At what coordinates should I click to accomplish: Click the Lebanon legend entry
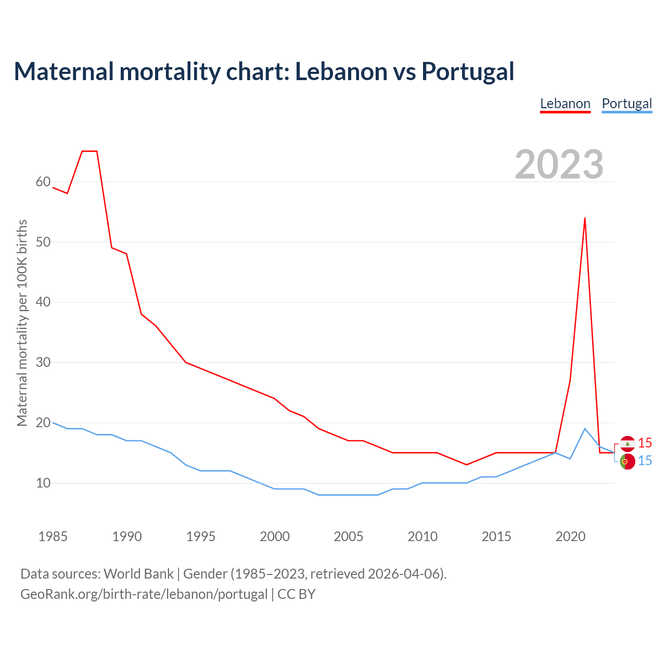(565, 104)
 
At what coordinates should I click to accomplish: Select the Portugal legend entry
(626, 104)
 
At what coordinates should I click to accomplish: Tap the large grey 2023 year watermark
(559, 164)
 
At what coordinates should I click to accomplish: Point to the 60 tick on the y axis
(43, 182)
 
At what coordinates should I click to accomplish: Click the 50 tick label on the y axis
(43, 242)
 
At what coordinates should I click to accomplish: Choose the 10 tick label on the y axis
(43, 483)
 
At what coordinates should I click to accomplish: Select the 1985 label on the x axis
(53, 536)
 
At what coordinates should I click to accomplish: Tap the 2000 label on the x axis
(275, 536)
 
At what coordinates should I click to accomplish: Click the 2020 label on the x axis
(570, 536)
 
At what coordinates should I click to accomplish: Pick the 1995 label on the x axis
(201, 536)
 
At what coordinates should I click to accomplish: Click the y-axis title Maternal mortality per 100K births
(22, 323)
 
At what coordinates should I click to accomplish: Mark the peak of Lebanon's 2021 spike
(585, 218)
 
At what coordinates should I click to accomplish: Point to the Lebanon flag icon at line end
(627, 443)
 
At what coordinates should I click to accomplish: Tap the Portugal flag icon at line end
(627, 462)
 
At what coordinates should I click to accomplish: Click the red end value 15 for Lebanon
(645, 443)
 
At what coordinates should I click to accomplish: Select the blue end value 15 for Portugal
(645, 461)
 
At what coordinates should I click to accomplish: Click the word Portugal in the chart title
(468, 71)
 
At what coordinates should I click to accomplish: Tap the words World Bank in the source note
(138, 574)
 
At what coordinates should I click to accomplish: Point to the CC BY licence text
(297, 594)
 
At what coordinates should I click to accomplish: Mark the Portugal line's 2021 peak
(585, 429)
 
